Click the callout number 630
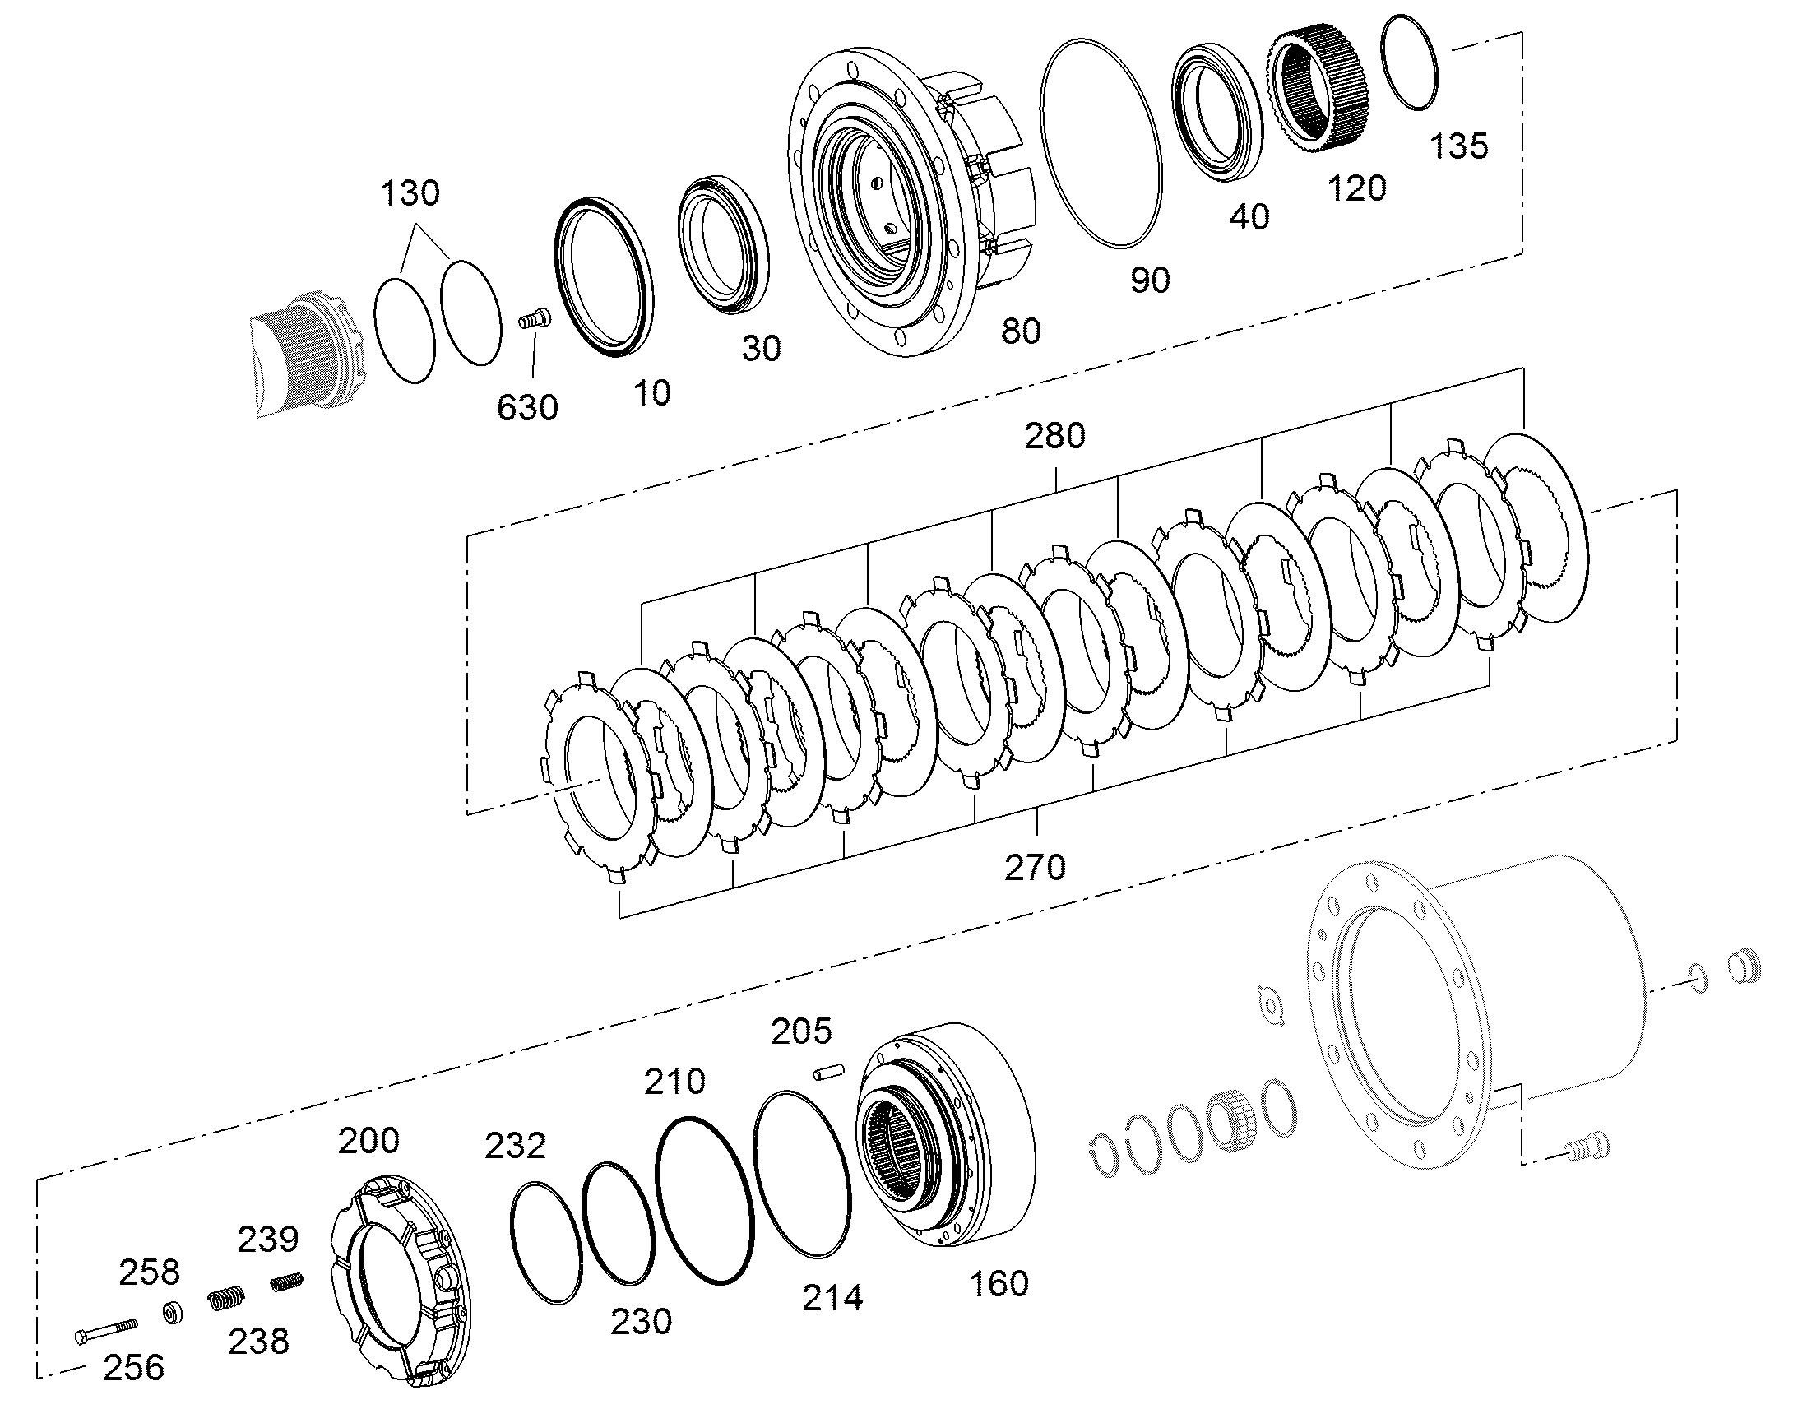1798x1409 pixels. click(527, 407)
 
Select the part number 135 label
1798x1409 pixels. click(1458, 146)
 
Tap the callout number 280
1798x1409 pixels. click(1054, 436)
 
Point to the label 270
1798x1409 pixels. click(1035, 868)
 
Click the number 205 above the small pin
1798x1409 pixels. click(801, 1031)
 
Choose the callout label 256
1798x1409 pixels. click(133, 1368)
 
